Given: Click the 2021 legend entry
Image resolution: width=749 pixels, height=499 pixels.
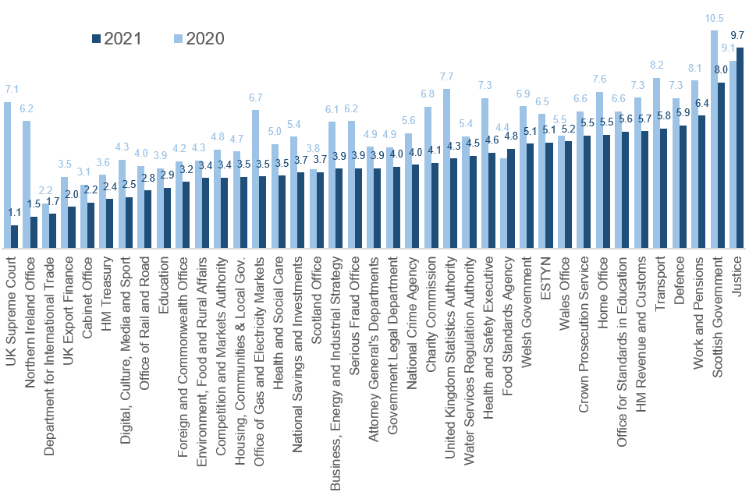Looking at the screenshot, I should (116, 38).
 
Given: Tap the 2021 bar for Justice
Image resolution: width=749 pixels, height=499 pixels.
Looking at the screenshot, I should (740, 148).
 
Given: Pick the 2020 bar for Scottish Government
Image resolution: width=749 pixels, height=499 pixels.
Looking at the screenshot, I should (714, 140).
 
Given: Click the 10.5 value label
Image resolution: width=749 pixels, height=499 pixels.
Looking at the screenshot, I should (714, 18).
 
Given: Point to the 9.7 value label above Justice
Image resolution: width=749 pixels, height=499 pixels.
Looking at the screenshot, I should (738, 35).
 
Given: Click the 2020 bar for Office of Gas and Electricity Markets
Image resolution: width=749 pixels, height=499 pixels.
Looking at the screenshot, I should (256, 179).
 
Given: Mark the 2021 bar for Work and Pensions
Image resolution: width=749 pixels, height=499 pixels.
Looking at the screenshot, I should (702, 182).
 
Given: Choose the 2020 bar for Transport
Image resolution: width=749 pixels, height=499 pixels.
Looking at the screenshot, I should (657, 164).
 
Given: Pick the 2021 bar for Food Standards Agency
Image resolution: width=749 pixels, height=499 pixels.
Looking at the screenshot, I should (511, 199).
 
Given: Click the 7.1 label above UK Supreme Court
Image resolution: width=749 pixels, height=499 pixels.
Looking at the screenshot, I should (12, 89).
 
